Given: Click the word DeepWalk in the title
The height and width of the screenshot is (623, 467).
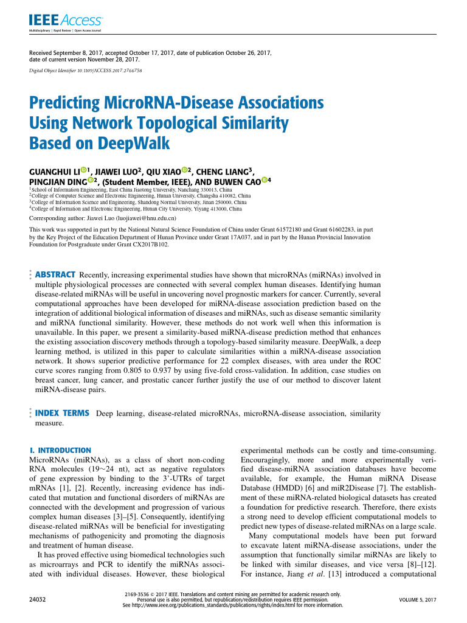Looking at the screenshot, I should coord(136,145).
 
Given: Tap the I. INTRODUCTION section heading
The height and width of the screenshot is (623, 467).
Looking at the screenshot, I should coord(60,450).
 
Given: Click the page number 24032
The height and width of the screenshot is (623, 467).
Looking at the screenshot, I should coord(38,600).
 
